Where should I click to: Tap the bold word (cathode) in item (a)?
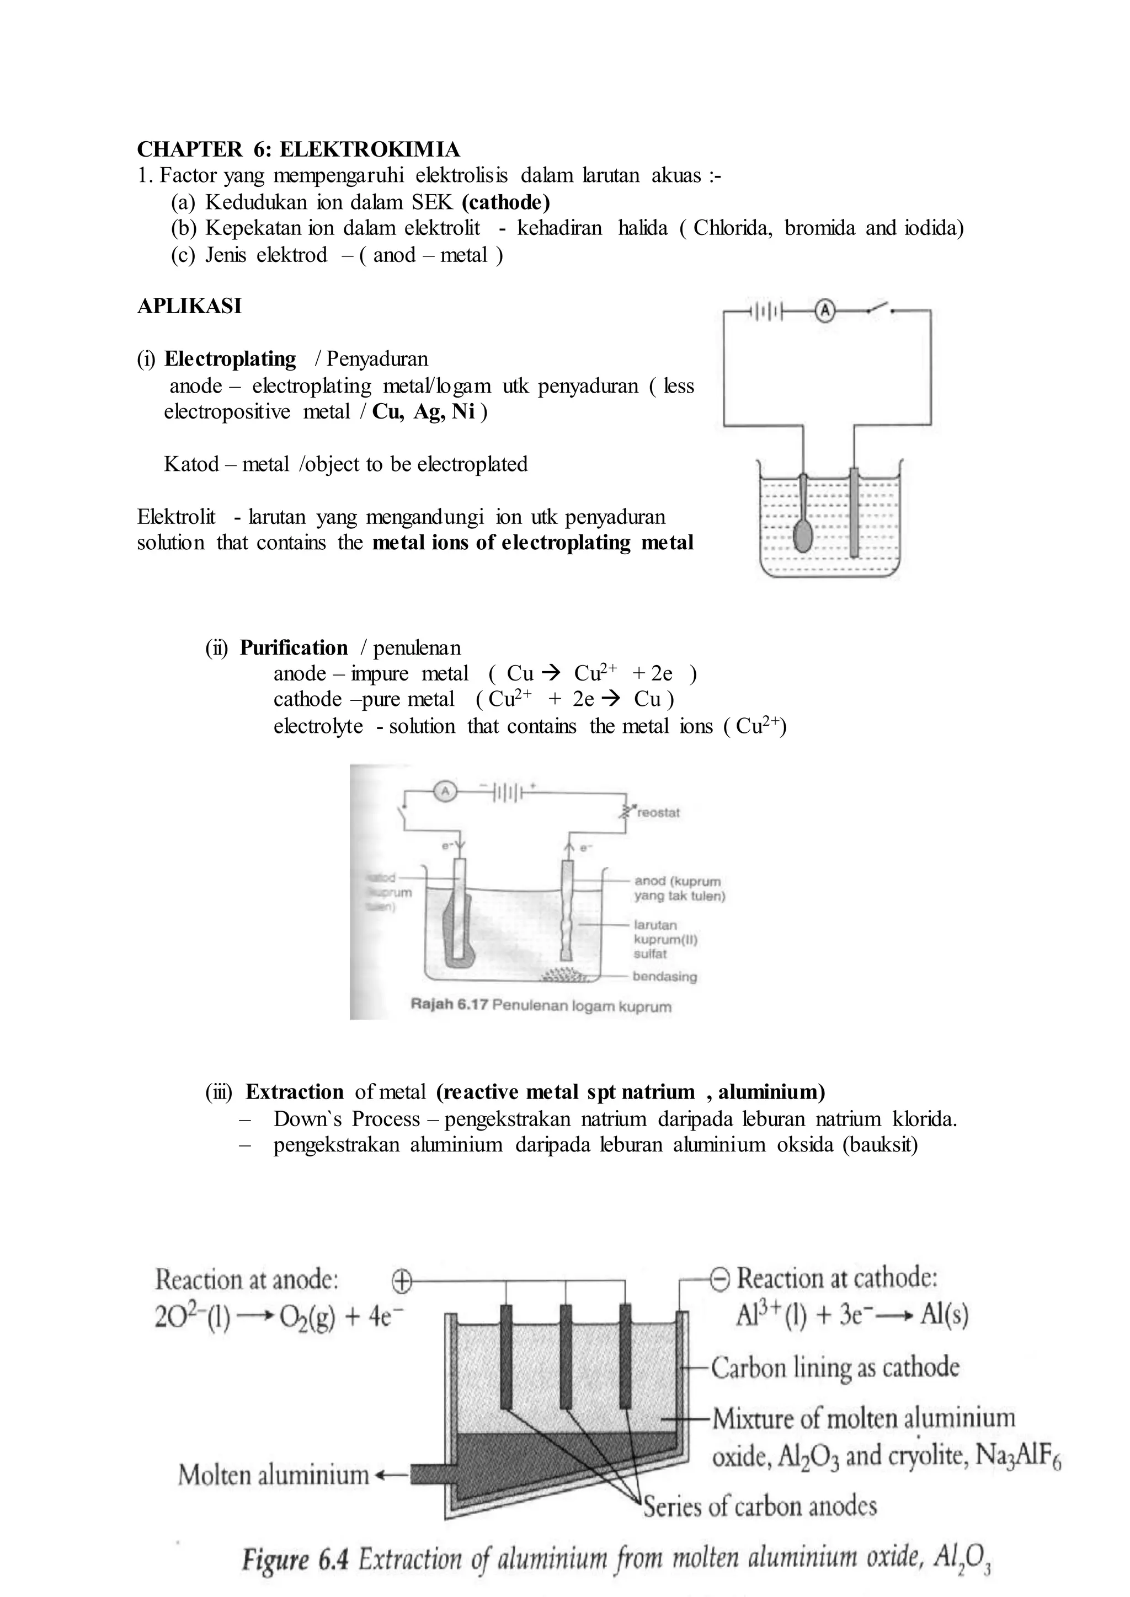click(x=505, y=202)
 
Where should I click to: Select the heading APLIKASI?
click(x=189, y=306)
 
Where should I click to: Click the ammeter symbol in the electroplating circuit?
click(x=824, y=312)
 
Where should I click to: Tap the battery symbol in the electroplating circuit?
click(x=766, y=312)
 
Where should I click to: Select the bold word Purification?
click(x=294, y=647)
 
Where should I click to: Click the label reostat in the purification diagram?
click(x=658, y=812)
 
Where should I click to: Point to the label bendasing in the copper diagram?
click(x=664, y=977)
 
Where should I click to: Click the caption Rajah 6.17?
click(x=450, y=1006)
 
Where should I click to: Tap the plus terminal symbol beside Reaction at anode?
click(x=402, y=1280)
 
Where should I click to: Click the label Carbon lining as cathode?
click(x=834, y=1368)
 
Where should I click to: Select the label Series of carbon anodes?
click(x=760, y=1507)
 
